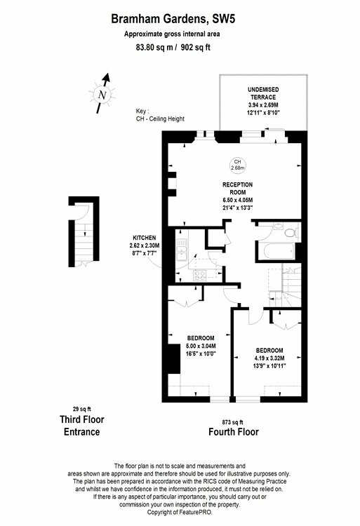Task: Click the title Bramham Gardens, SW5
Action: pos(173,19)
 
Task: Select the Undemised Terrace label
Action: pos(263,93)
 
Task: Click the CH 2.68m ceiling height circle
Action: pos(237,165)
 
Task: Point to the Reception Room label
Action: pos(237,189)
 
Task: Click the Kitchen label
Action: pos(145,238)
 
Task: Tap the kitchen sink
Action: pos(182,250)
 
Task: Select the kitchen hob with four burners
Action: pos(200,276)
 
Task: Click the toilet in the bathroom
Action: pos(291,232)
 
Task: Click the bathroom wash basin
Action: pos(278,227)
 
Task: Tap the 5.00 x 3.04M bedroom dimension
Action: pos(201,346)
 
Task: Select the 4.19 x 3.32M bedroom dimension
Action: pos(269,358)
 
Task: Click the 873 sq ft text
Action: pos(232,422)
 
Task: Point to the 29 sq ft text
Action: pos(82,409)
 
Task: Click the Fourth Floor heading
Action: pos(234,432)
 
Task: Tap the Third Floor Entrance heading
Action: pos(82,426)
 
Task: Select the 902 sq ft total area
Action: pos(195,47)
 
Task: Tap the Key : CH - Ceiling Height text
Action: pos(160,115)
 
